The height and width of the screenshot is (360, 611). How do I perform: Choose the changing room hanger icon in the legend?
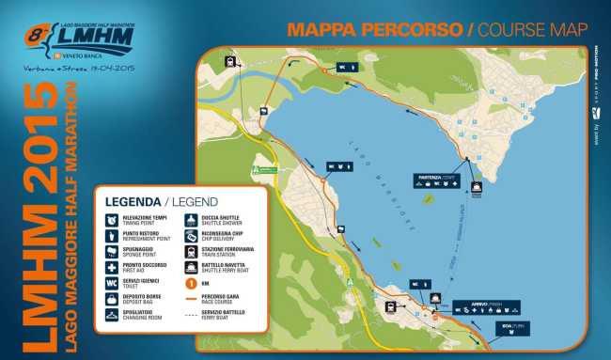[113, 317]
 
